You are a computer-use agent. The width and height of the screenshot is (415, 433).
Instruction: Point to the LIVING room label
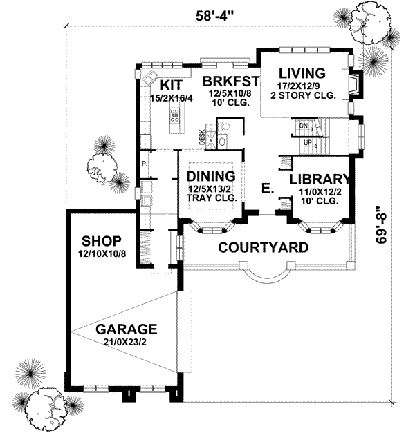[x=302, y=73]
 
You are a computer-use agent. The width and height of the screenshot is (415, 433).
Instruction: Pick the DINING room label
[x=211, y=176]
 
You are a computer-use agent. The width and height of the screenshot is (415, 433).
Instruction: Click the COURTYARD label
[x=264, y=247]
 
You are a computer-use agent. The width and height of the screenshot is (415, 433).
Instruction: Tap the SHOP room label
[x=102, y=241]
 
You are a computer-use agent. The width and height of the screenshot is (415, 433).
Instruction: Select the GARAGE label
[x=127, y=329]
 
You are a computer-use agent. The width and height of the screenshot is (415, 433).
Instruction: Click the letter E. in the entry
[x=266, y=187]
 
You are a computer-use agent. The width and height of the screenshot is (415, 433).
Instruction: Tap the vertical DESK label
[x=202, y=137]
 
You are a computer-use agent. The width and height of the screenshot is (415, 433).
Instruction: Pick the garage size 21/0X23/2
[x=127, y=342]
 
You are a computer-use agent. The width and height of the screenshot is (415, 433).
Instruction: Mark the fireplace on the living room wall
[x=351, y=86]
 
